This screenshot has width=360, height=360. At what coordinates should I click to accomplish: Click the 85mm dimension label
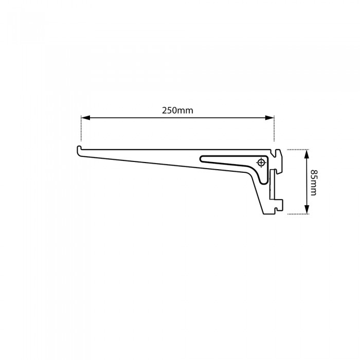click(x=314, y=182)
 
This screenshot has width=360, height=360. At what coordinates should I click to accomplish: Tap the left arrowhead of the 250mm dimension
click(x=85, y=118)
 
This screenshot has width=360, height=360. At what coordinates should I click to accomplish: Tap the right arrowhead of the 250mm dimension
click(x=270, y=118)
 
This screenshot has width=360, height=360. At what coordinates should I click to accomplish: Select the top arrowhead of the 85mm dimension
click(x=307, y=153)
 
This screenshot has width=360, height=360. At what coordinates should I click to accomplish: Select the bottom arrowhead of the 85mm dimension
click(x=307, y=210)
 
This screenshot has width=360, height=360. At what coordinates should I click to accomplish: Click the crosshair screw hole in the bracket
click(x=261, y=163)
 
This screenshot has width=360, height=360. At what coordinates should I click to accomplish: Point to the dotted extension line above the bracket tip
click(x=81, y=129)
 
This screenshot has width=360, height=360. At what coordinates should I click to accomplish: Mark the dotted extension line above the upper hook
click(x=274, y=129)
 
